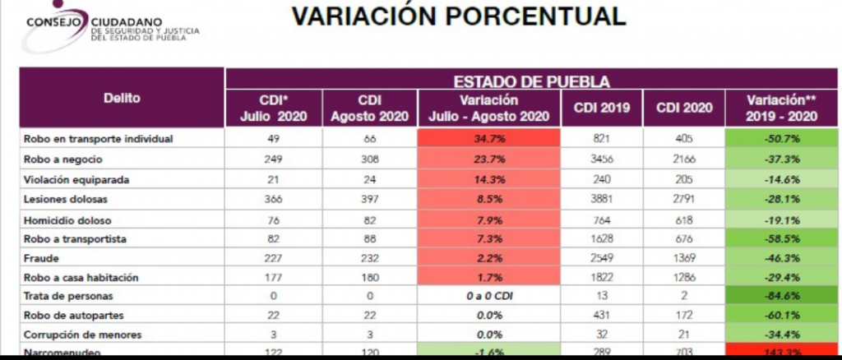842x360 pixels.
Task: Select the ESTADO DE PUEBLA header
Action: click(531, 81)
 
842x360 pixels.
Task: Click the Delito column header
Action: click(122, 99)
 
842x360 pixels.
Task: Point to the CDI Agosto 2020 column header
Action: click(369, 108)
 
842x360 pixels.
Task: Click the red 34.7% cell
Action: click(489, 139)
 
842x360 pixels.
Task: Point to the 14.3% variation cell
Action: click(489, 179)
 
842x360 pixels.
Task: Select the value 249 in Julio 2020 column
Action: click(273, 159)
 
